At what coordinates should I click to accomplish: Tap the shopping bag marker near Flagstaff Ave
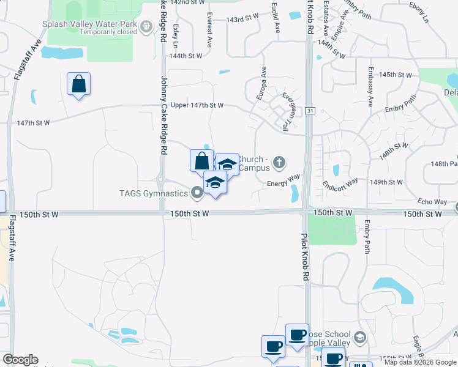click(x=79, y=84)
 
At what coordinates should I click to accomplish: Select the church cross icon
click(x=279, y=162)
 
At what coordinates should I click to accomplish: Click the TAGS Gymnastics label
click(x=154, y=193)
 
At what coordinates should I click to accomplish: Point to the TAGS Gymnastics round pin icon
click(x=197, y=193)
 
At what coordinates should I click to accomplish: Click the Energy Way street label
click(x=283, y=176)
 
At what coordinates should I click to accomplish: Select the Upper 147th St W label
click(x=197, y=105)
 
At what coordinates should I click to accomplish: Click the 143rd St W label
click(x=243, y=20)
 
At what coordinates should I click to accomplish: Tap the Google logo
click(x=20, y=360)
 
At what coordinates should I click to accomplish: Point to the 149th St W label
click(x=387, y=182)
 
